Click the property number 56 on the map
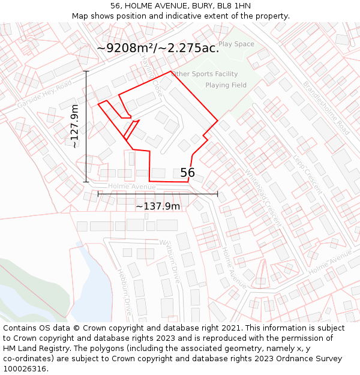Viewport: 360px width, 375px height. (x=188, y=173)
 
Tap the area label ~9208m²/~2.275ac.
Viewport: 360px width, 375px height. (x=158, y=49)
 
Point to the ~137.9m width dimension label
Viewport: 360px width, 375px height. (x=158, y=206)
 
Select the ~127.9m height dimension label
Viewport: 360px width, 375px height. (x=74, y=126)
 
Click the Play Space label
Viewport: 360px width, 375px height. (x=236, y=44)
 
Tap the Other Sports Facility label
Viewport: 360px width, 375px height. (x=205, y=74)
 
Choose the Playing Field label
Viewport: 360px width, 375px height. (x=226, y=85)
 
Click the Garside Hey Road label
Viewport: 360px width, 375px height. (x=44, y=95)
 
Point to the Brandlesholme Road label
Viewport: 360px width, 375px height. (x=326, y=107)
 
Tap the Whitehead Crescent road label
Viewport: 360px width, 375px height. (x=263, y=196)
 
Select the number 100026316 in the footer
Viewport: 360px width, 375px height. (x=25, y=368)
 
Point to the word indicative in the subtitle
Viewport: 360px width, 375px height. (x=194, y=16)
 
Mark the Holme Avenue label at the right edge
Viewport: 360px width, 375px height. (x=329, y=263)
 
